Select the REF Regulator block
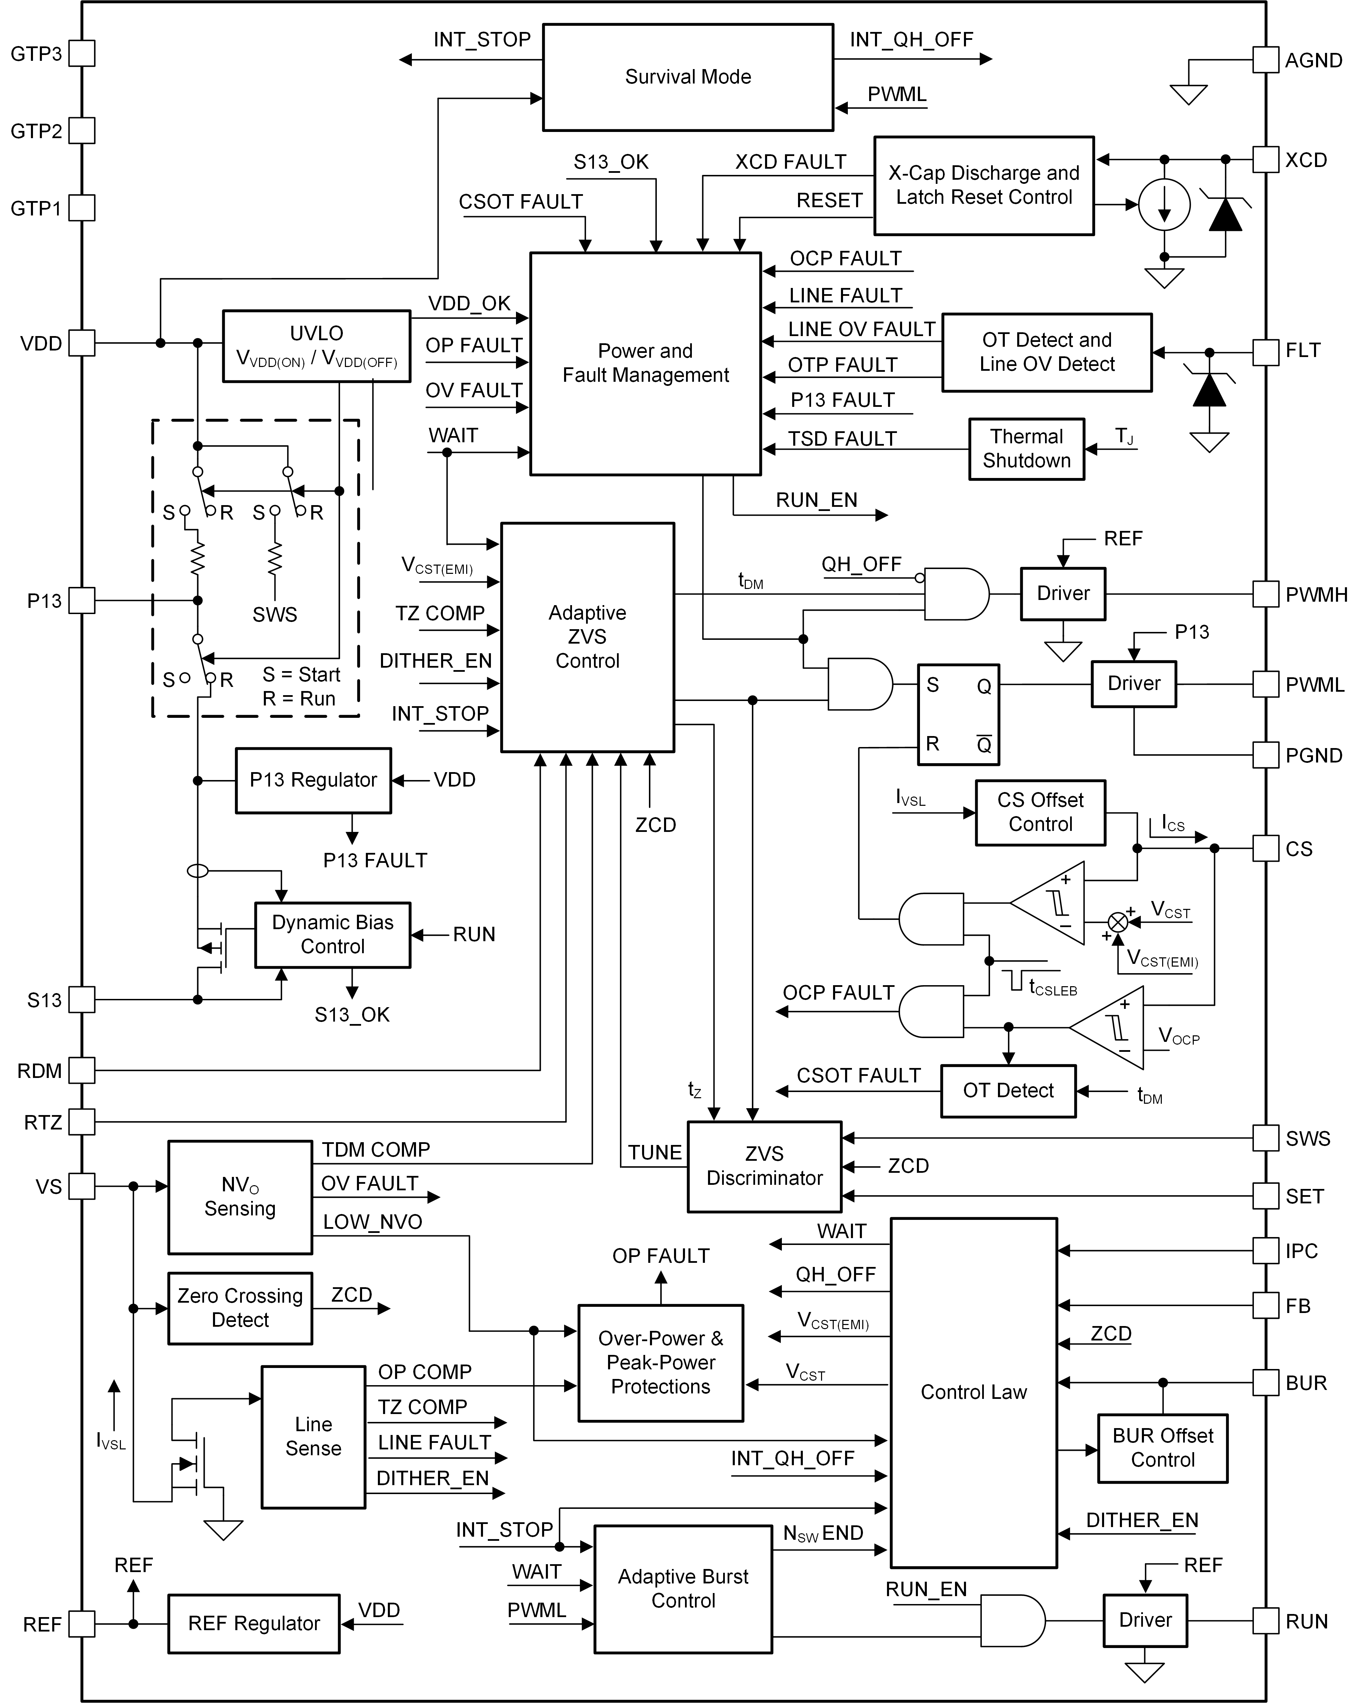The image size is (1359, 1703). click(x=254, y=1623)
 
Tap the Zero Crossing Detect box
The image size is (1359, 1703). click(x=240, y=1308)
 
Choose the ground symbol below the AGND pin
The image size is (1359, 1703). click(x=1188, y=95)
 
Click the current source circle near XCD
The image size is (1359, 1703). click(x=1164, y=204)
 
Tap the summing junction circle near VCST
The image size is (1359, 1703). click(x=1117, y=922)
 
